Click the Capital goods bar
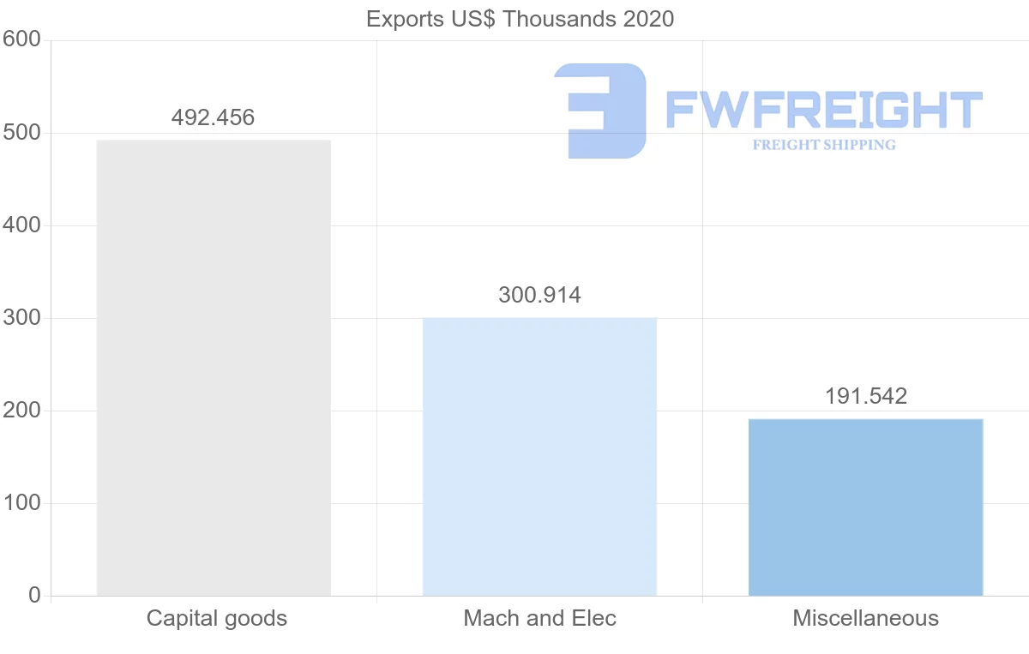214,368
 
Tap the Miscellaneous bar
865,507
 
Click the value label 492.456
214,117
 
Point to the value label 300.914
539,296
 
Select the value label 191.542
865,397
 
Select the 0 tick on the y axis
34,595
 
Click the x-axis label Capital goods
216,618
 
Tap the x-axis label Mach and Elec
539,618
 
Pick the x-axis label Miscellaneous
865,618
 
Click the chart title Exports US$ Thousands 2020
521,19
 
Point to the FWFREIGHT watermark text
823,110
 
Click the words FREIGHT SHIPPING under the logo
824,145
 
